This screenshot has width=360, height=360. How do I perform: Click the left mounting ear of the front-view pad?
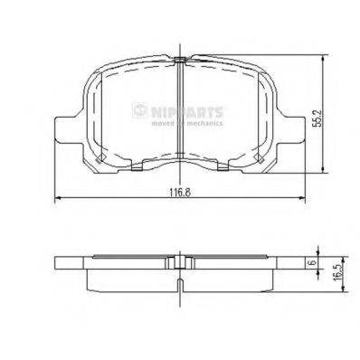pos(66,128)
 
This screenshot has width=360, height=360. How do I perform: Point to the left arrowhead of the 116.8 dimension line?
pos(60,199)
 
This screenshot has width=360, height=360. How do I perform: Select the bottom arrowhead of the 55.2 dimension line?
pos(324,172)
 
